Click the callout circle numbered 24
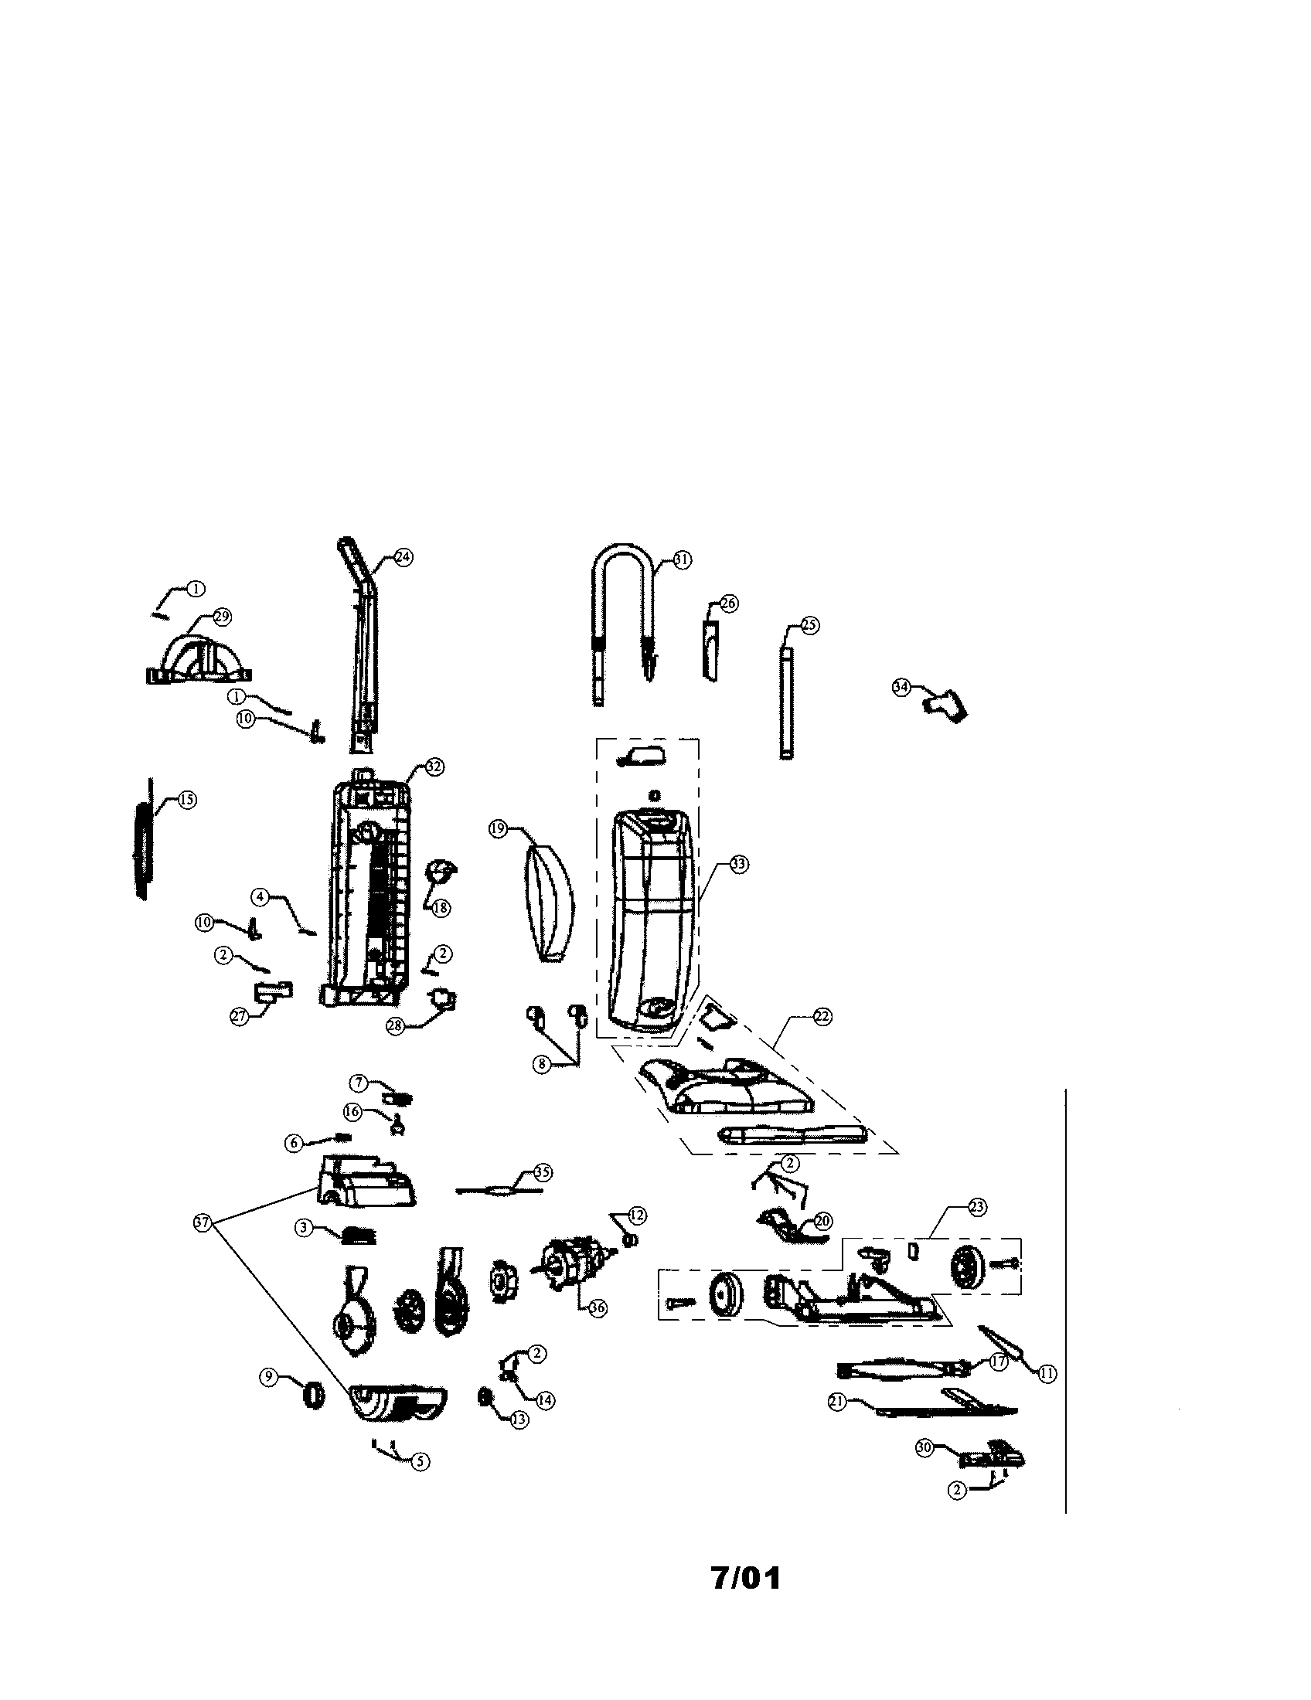click(x=403, y=557)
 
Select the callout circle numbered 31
click(x=682, y=559)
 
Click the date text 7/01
click(x=745, y=1578)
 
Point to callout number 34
click(x=901, y=687)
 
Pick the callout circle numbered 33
click(x=738, y=864)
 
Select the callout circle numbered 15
click(x=187, y=800)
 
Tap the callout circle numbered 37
click(x=203, y=1223)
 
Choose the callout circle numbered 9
click(x=267, y=1377)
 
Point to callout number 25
click(x=809, y=624)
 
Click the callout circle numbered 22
click(x=822, y=1016)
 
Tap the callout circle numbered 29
click(x=222, y=617)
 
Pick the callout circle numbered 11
click(x=1048, y=1374)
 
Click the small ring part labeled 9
click(x=313, y=1392)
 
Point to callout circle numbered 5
click(x=420, y=1461)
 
